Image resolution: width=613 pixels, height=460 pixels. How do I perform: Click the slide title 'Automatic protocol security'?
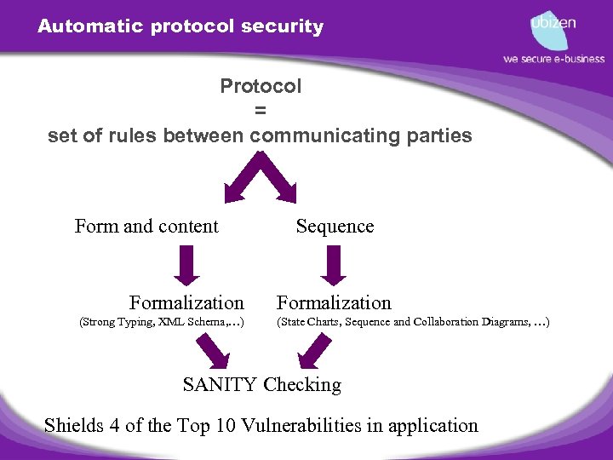(x=180, y=26)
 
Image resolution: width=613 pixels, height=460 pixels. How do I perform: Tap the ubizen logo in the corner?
(x=553, y=27)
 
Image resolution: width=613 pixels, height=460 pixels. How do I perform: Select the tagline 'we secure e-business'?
(x=553, y=59)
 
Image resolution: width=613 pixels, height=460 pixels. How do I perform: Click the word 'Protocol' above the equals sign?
(x=261, y=86)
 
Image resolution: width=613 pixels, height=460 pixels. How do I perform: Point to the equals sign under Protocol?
(x=260, y=111)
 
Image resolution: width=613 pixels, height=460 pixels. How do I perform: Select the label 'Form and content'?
(x=146, y=226)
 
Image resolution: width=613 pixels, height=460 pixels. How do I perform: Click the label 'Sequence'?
(x=335, y=226)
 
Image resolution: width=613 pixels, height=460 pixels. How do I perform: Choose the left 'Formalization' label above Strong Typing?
(x=186, y=302)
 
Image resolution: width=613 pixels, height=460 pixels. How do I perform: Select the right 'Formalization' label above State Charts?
(x=334, y=302)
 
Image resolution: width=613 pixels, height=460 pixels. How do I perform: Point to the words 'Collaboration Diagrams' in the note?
(x=467, y=322)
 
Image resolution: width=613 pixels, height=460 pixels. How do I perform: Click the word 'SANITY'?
(x=219, y=384)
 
